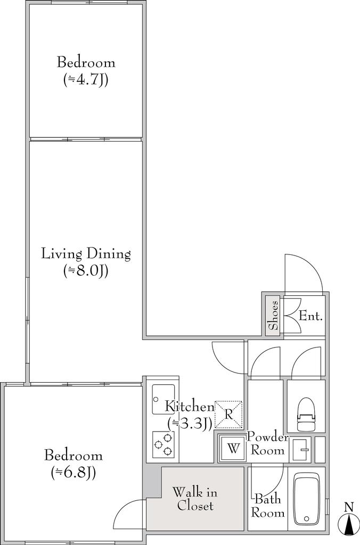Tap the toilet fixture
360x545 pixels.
point(306,414)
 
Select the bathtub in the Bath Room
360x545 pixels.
point(306,500)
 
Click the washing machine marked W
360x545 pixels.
point(234,449)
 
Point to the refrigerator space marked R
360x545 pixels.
point(228,414)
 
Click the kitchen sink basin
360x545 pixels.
point(163,399)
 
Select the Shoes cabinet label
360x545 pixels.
point(274,315)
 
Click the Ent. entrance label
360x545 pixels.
point(310,316)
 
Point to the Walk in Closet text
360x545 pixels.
point(195,499)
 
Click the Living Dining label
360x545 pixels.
point(86,254)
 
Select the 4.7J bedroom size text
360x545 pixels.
point(86,80)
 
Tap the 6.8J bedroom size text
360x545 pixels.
point(73,472)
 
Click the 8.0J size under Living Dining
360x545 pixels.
point(86,270)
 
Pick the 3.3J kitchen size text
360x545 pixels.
point(190,423)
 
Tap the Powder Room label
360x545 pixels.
point(267,443)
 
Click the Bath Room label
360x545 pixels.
point(268,506)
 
